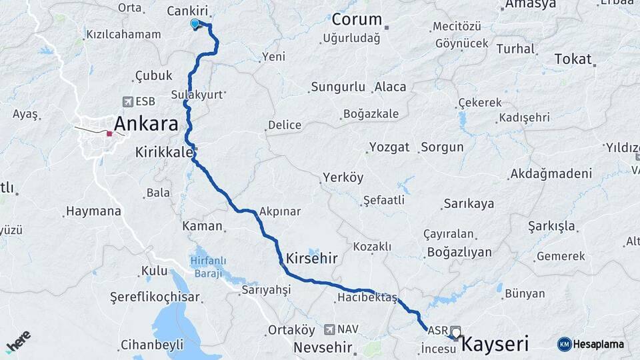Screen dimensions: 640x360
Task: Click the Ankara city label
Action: click(146, 124)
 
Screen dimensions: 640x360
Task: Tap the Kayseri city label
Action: click(495, 344)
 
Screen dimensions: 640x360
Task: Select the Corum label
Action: click(357, 19)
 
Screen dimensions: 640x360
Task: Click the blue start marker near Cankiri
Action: click(195, 24)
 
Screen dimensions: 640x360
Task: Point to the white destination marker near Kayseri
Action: click(456, 332)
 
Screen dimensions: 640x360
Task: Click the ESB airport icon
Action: click(128, 101)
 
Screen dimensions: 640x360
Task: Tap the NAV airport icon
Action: click(329, 329)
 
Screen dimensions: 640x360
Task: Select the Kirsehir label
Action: click(311, 258)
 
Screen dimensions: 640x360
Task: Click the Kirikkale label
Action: click(163, 151)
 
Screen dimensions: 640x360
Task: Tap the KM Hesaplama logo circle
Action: click(565, 344)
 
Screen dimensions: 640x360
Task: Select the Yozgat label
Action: click(389, 147)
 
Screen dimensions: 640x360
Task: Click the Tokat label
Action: click(573, 59)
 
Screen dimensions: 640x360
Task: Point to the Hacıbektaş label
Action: click(367, 297)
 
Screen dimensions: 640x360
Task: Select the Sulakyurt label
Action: click(197, 95)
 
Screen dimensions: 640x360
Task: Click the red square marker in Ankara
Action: click(109, 133)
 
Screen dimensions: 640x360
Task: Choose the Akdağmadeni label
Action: click(551, 174)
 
